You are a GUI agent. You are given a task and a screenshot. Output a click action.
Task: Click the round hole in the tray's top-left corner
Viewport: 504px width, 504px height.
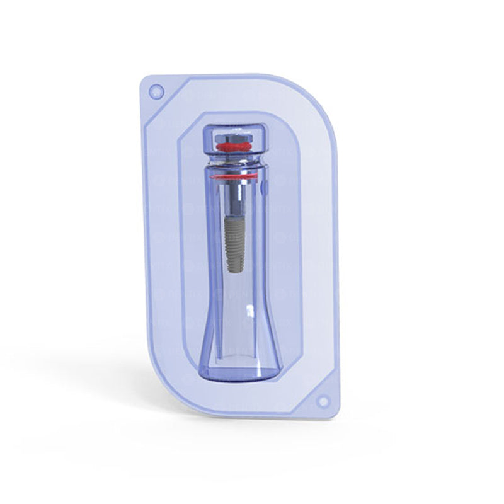154,92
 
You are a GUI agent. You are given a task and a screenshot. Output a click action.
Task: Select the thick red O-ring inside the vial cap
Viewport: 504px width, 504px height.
234,147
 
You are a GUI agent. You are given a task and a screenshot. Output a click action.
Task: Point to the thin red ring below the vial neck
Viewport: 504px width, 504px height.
234,177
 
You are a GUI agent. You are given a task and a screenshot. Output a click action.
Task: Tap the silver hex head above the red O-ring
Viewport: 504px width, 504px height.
234,136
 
